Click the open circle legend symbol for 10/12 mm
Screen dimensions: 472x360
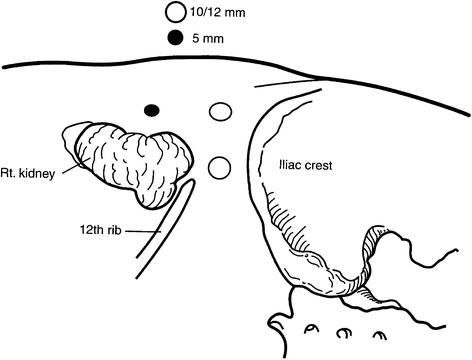coord(176,12)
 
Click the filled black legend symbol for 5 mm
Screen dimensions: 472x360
coord(176,39)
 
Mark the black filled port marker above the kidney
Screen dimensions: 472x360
coord(152,108)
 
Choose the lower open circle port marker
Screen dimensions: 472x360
coord(220,167)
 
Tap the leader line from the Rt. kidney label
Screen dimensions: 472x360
coord(69,165)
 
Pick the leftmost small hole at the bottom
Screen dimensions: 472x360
coord(310,327)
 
